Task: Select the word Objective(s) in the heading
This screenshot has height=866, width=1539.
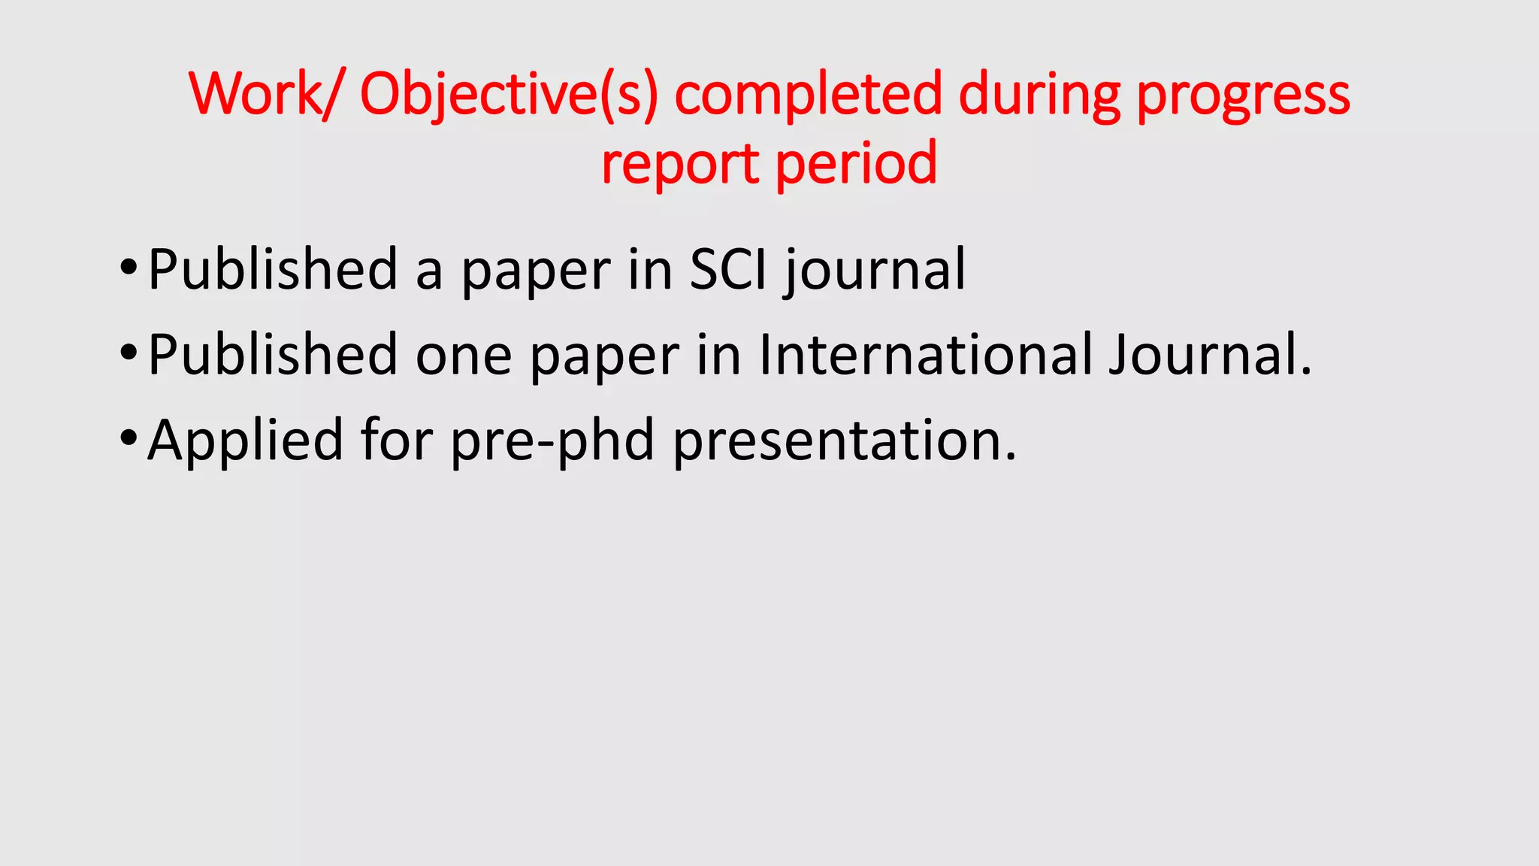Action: click(509, 94)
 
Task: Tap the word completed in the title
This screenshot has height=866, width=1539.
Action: click(808, 94)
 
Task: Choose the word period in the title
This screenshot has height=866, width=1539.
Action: click(856, 164)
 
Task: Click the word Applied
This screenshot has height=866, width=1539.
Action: click(245, 440)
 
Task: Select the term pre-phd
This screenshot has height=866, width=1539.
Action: click(552, 440)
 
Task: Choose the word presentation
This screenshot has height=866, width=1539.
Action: click(844, 440)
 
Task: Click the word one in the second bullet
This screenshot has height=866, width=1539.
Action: click(464, 355)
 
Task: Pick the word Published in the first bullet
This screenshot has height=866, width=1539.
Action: click(272, 269)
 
